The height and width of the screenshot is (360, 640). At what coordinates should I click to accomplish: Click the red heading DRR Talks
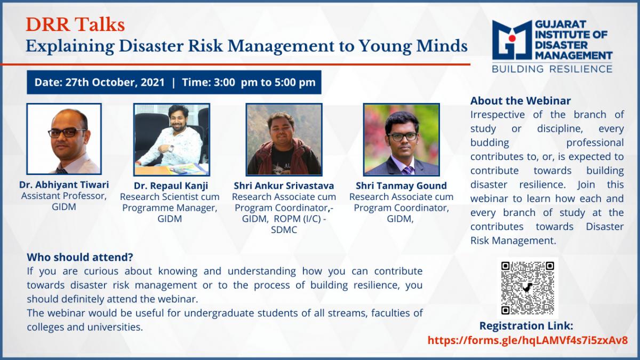pos(75,25)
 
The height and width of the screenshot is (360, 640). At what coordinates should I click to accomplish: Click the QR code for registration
pos(527,288)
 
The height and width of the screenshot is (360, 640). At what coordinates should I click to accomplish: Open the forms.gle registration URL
pos(527,340)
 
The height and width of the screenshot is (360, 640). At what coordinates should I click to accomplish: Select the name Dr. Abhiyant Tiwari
pos(64,185)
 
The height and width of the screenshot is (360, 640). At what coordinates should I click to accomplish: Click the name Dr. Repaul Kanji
pos(171,186)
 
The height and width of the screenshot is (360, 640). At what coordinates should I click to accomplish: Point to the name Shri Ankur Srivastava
pos(284,186)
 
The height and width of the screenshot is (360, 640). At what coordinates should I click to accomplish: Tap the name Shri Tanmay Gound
pos(401,186)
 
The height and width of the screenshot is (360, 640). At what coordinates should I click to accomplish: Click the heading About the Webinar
pos(521,101)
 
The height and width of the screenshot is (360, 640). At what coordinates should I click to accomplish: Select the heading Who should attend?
pos(80,257)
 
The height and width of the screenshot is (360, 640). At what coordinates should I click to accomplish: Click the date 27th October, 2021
pos(115,82)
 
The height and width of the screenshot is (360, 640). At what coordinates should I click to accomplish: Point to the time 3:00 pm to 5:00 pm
pos(265,82)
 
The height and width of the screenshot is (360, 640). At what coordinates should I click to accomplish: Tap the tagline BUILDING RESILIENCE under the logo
pos(552,69)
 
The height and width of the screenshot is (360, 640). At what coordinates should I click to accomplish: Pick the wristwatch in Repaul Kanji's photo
pos(171,149)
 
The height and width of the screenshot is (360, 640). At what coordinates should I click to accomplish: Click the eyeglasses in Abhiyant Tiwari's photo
pos(67,132)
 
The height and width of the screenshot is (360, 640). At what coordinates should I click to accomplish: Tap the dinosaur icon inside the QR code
pos(527,287)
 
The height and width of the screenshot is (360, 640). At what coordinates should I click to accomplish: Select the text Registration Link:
pos(526,326)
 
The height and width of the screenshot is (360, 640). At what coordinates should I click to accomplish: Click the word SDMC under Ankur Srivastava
pos(284,230)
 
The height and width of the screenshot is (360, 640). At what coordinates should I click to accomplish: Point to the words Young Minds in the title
pos(413,46)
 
